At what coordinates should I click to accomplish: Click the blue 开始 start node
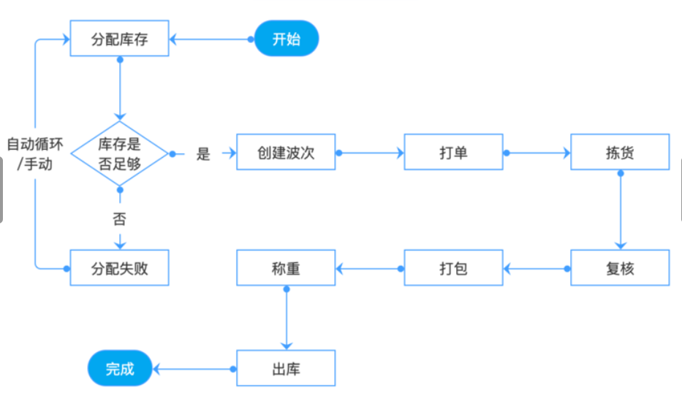pyautogui.click(x=287, y=39)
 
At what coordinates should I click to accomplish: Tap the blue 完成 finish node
pyautogui.click(x=121, y=368)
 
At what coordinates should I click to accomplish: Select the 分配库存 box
pyautogui.click(x=120, y=39)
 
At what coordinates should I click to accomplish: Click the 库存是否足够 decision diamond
pyautogui.click(x=120, y=153)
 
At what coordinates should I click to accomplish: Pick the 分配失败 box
pyautogui.click(x=120, y=268)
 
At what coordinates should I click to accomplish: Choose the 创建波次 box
pyautogui.click(x=286, y=153)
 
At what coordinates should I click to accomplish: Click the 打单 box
pyautogui.click(x=453, y=153)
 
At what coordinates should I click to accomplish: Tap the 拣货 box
pyautogui.click(x=620, y=153)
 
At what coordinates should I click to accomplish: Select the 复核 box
pyautogui.click(x=620, y=268)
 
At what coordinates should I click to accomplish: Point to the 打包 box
pyautogui.click(x=453, y=268)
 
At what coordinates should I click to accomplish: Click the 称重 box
pyautogui.click(x=286, y=268)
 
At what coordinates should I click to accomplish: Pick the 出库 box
pyautogui.click(x=286, y=368)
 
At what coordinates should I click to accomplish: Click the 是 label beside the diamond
pyautogui.click(x=203, y=153)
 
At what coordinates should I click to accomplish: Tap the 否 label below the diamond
pyautogui.click(x=120, y=218)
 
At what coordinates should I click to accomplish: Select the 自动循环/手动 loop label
pyautogui.click(x=34, y=153)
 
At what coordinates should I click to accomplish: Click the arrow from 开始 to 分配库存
pyautogui.click(x=212, y=39)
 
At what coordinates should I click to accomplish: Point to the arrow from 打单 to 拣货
pyautogui.click(x=537, y=153)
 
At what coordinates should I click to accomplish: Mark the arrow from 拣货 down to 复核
pyautogui.click(x=620, y=212)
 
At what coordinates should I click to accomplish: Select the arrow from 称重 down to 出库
pyautogui.click(x=286, y=318)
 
